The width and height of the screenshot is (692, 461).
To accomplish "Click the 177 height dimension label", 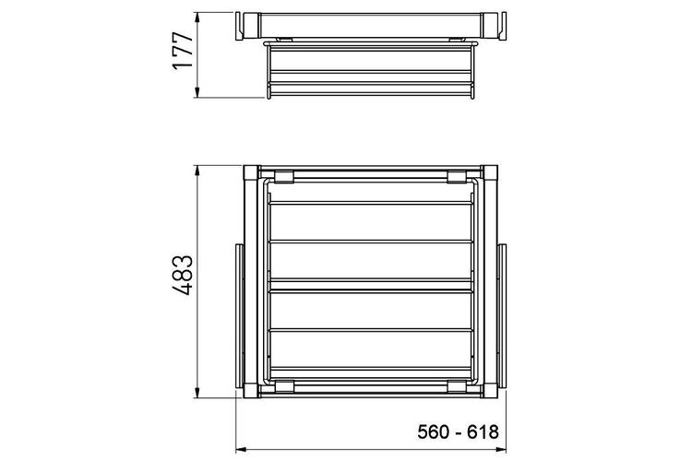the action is pyautogui.click(x=183, y=51).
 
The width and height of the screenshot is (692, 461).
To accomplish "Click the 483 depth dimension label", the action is pyautogui.click(x=182, y=275).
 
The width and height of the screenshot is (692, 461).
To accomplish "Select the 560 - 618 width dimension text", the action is pyautogui.click(x=458, y=431).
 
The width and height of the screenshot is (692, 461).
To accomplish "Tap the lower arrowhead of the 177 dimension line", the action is pyautogui.click(x=197, y=92).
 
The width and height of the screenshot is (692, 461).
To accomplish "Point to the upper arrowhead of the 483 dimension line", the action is pyautogui.click(x=197, y=171).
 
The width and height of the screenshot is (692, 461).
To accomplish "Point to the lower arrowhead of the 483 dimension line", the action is pyautogui.click(x=197, y=392).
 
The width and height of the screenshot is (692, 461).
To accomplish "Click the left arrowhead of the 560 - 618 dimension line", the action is pyautogui.click(x=242, y=450).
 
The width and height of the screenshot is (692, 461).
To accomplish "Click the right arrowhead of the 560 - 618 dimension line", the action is pyautogui.click(x=500, y=450).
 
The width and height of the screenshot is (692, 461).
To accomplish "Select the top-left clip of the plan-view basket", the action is pyautogui.click(x=284, y=176).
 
